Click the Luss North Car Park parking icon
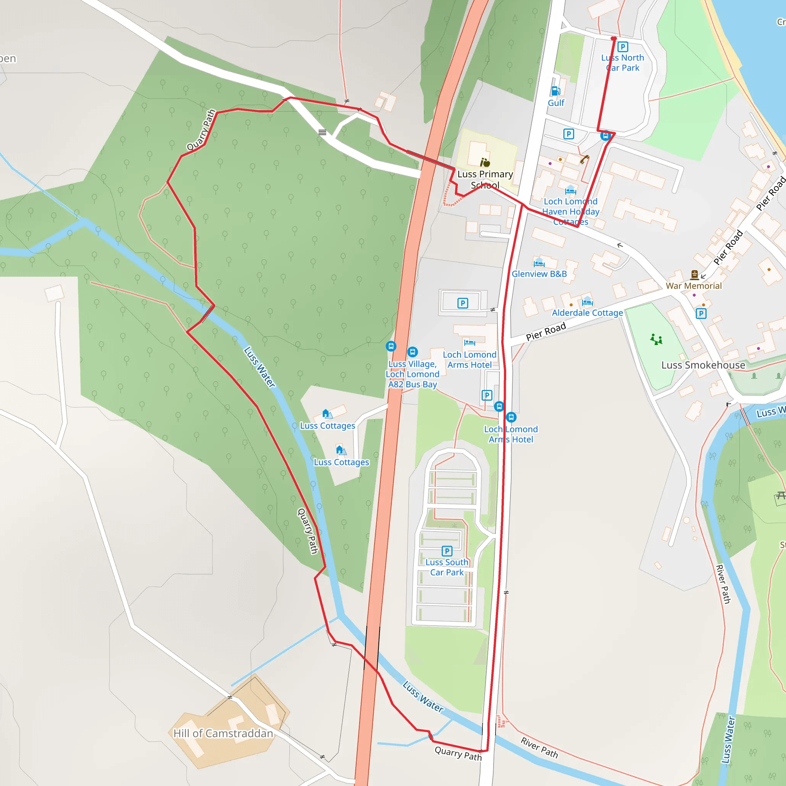(623, 47)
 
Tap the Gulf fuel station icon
(556, 91)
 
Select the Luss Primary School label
(485, 179)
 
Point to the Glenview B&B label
(539, 274)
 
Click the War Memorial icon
(694, 275)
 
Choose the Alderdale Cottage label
(587, 312)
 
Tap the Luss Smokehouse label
(703, 365)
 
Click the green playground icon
(656, 339)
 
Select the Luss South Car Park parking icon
(447, 551)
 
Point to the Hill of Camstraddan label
(223, 733)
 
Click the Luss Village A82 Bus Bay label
(413, 374)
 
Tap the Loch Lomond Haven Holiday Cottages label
(570, 211)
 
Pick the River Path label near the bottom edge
(539, 747)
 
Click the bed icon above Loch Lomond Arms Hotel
(469, 343)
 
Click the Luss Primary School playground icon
(485, 163)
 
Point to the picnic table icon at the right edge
(780, 495)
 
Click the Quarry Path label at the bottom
(458, 753)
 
